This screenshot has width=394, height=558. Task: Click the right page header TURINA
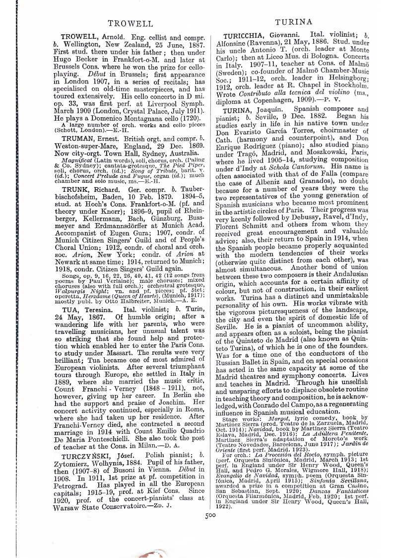pyautogui.click(x=294, y=22)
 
